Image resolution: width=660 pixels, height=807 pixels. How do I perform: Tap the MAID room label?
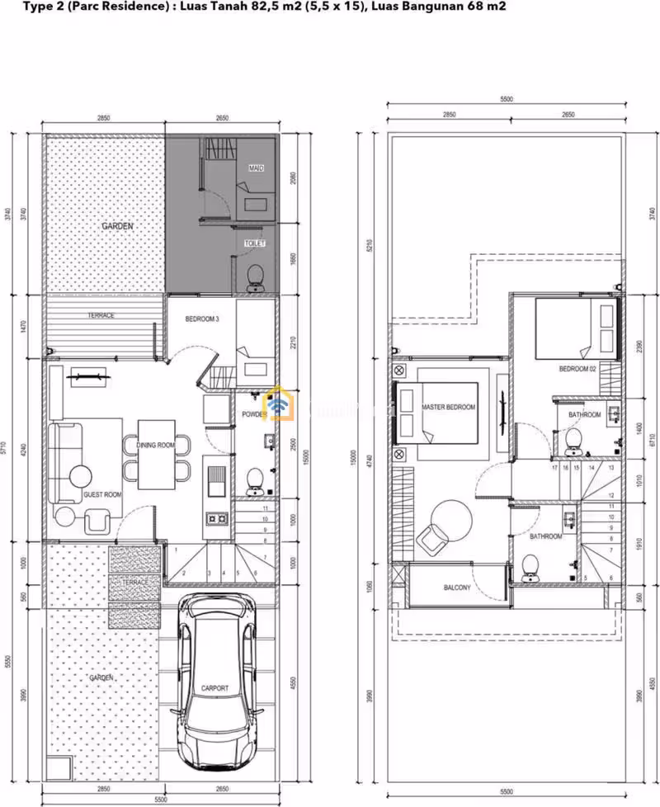[256, 168]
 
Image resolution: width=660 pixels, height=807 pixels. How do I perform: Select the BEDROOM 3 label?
[202, 319]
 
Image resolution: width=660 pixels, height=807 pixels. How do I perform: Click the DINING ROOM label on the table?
[156, 446]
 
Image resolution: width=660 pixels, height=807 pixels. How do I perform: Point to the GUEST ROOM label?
[102, 494]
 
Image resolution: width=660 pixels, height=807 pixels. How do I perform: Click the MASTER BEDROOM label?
[448, 408]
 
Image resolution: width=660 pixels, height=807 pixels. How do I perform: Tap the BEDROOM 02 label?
[577, 368]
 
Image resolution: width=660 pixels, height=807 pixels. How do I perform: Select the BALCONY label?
[457, 588]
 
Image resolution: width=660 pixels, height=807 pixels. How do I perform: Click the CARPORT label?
[214, 687]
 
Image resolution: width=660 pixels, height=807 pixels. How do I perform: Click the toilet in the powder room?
[255, 479]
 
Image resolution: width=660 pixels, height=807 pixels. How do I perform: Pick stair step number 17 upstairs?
[554, 468]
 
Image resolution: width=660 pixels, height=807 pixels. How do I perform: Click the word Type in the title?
[39, 7]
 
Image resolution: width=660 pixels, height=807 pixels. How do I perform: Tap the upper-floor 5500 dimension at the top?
[506, 99]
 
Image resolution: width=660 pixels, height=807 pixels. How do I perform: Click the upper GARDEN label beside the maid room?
[118, 226]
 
